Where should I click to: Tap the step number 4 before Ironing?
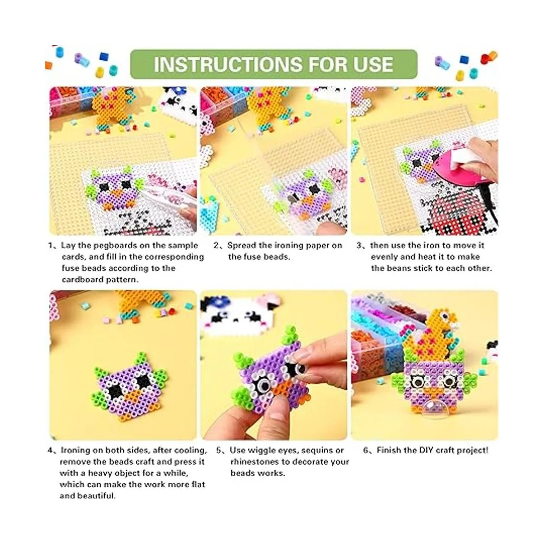(50, 450)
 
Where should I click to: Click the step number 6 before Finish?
(366, 450)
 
